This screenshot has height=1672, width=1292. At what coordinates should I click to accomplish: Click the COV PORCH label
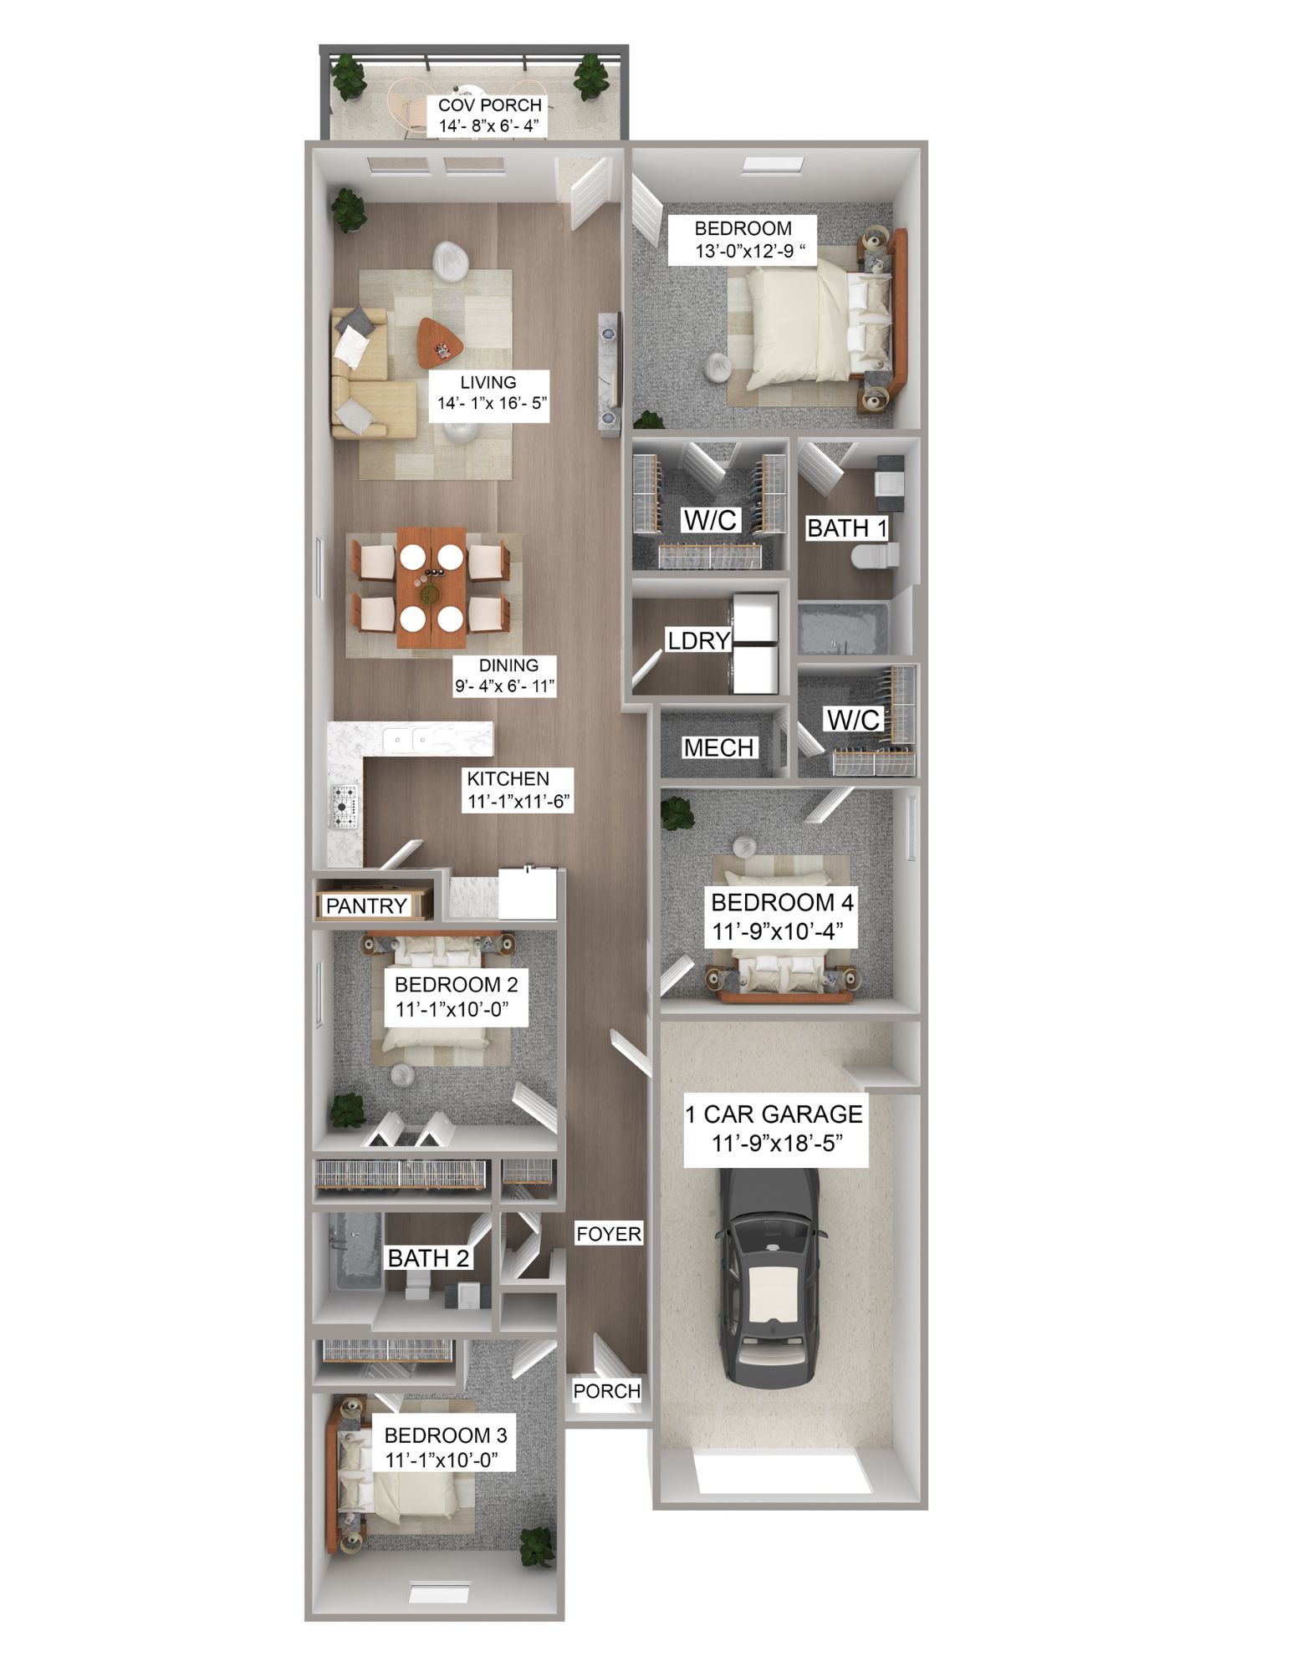pos(489,106)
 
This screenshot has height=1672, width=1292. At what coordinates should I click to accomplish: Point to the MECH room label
pos(718,747)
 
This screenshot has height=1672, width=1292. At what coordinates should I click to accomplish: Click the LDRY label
pos(698,640)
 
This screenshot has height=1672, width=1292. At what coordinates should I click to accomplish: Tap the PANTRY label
pos(366,905)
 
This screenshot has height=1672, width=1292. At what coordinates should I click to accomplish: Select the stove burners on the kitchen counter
pos(345,803)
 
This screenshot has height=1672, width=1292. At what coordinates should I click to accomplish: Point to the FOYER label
pos(609,1234)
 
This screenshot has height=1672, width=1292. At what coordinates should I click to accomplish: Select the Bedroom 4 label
pos(782,903)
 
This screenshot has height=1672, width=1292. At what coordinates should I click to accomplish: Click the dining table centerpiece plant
pos(431,594)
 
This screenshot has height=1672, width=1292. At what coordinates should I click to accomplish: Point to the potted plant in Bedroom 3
pos(536,1547)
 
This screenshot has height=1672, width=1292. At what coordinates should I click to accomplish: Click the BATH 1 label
pos(846,528)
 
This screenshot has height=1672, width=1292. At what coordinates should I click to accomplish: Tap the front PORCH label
pos(606,1391)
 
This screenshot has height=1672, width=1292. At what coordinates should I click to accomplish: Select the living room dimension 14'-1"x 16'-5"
pos(492,403)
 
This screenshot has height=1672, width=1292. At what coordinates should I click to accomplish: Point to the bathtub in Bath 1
pos(838,630)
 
